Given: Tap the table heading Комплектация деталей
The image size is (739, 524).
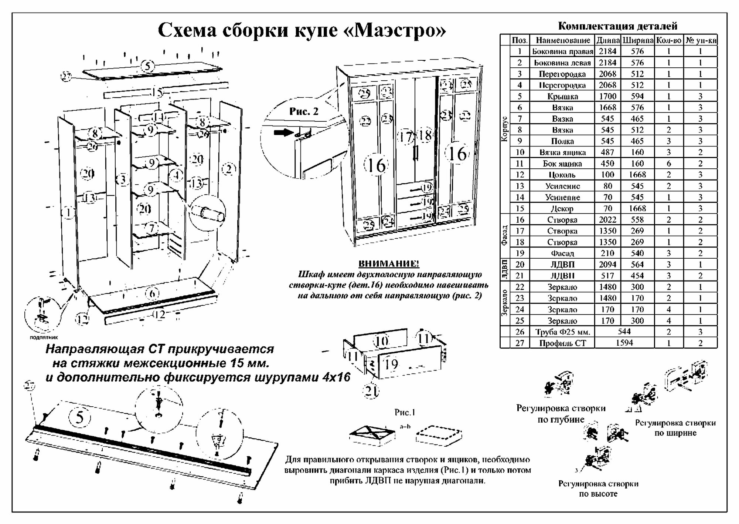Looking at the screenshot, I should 617,26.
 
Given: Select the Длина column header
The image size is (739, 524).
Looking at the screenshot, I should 607,40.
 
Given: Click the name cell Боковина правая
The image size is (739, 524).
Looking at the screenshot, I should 562,51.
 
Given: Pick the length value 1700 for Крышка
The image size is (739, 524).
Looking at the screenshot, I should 607,96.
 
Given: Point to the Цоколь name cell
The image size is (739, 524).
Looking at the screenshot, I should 562,175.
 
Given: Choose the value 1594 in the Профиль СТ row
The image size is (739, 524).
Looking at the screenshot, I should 624,343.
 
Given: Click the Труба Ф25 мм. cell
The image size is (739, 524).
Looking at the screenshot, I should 562,332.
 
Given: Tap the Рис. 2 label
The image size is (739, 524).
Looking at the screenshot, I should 304,111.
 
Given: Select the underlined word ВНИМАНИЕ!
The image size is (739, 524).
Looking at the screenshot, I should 389,264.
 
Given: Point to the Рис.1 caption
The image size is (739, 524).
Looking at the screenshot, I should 405,412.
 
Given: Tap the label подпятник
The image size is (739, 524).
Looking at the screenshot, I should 44,337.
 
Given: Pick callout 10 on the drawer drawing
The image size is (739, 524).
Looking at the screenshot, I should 381,341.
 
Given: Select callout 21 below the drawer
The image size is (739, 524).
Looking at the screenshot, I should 371,391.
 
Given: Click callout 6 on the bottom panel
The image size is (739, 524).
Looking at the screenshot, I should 152,294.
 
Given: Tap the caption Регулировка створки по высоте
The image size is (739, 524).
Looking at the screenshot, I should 598,488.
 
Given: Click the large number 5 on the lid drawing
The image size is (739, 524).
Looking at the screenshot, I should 79,417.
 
